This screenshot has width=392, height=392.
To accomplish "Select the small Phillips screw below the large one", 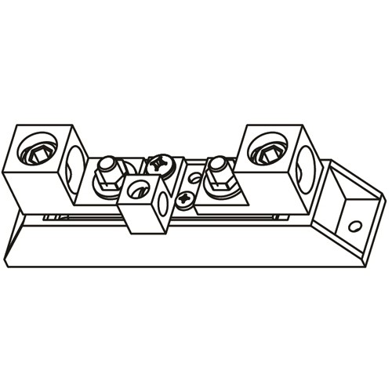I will tap(184, 198).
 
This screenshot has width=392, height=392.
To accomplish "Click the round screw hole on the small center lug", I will tap(140, 188).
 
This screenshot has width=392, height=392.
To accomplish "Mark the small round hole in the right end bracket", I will tap(355, 226).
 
